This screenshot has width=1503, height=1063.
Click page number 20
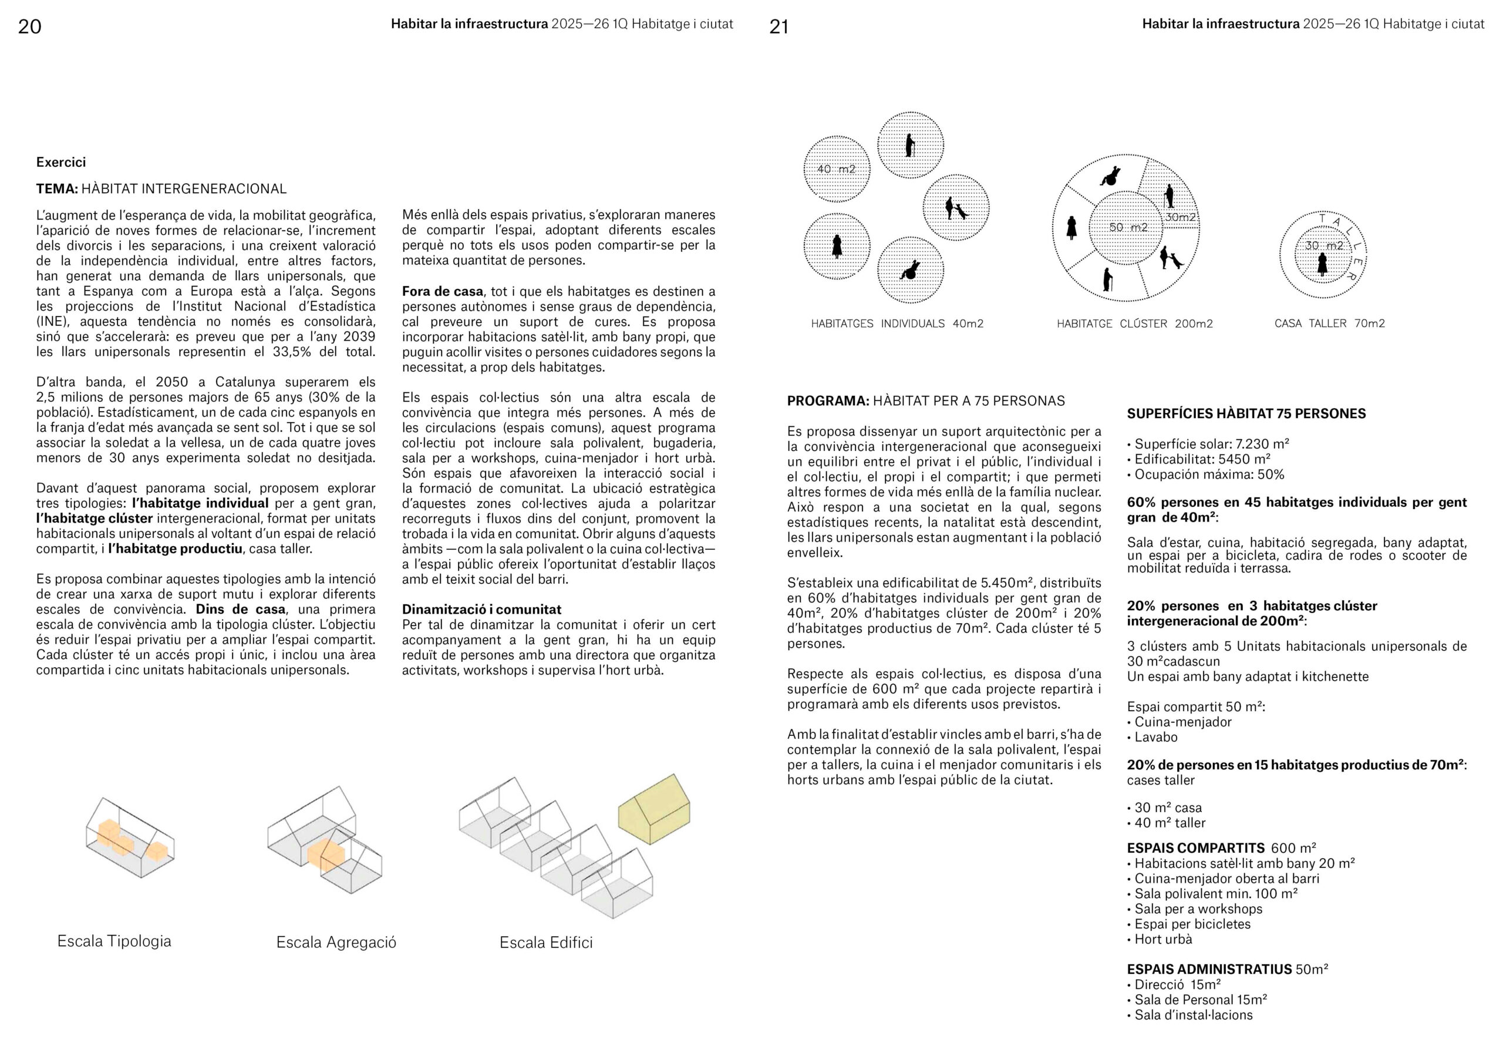point(29,26)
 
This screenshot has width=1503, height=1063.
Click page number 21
point(779,26)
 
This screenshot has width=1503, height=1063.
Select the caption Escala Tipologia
point(114,941)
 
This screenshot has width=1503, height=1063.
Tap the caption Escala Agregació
point(336,943)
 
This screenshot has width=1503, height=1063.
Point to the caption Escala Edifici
point(546,943)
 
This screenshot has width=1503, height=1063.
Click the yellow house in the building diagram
point(654,809)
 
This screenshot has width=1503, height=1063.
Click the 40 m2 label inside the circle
point(836,169)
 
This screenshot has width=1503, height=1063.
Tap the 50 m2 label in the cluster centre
point(1128,227)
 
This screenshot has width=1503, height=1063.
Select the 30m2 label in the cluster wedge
point(1181,217)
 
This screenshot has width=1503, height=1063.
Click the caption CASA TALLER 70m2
point(1330,324)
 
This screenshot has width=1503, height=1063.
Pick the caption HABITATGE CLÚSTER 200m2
point(1134,324)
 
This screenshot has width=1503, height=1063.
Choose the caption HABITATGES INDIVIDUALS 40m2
point(897,324)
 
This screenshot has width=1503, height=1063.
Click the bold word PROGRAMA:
point(827,401)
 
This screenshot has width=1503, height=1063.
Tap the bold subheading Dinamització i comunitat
point(482,609)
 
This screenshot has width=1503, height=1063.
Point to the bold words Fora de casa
point(443,291)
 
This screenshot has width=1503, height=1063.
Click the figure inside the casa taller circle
point(1322,264)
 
